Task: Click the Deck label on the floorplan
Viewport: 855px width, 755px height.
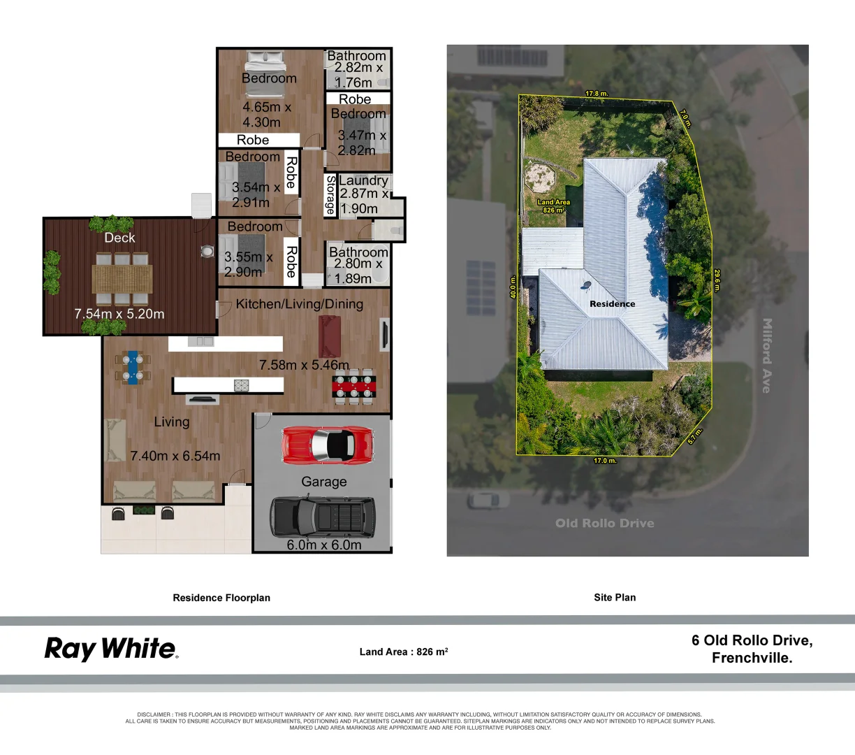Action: point(119,238)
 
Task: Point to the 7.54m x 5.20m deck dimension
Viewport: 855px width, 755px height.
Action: point(119,314)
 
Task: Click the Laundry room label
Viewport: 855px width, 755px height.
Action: point(363,180)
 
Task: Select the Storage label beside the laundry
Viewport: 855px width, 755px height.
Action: point(330,195)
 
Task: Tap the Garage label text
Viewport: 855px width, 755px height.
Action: point(323,482)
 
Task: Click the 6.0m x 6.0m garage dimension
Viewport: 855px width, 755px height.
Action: point(324,545)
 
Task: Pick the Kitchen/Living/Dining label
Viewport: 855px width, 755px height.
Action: point(299,304)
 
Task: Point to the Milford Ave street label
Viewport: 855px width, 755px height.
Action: point(767,355)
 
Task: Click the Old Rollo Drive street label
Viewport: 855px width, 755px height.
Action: point(605,523)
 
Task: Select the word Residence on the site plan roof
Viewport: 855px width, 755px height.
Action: point(613,304)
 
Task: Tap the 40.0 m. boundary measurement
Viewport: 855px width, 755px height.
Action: point(513,287)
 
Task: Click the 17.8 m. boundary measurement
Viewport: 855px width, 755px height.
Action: point(597,93)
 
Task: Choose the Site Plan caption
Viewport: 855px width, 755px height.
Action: point(615,597)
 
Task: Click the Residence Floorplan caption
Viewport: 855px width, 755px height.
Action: point(221,598)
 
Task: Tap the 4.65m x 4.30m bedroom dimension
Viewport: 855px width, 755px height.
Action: point(266,115)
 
